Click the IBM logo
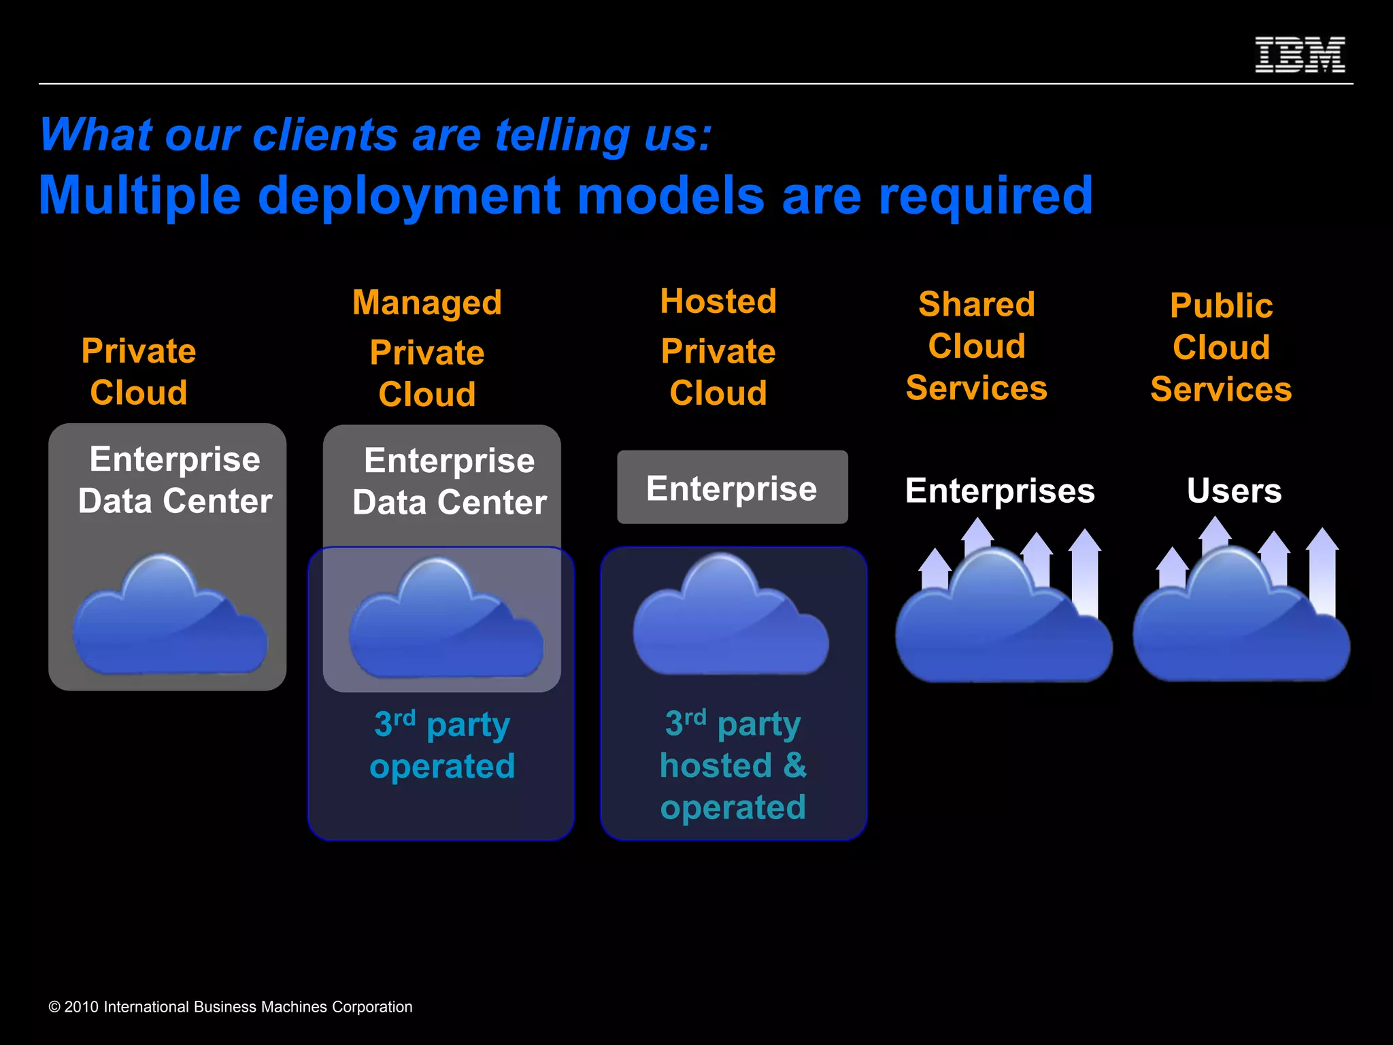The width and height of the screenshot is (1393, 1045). pos(1300,55)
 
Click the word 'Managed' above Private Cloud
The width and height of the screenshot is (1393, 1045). pos(427,303)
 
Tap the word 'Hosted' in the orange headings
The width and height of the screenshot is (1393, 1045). pos(718,301)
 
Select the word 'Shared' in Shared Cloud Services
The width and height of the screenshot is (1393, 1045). pos(977,304)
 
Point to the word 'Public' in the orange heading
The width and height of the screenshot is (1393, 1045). pos(1221,305)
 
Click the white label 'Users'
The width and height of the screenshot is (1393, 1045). pos(1234,491)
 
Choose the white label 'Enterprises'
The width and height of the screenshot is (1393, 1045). pos(1000,491)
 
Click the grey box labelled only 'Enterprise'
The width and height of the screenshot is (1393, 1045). pos(732,488)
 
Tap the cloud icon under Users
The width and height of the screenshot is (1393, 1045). pos(1241,623)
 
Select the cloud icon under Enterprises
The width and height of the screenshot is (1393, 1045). pos(1003,623)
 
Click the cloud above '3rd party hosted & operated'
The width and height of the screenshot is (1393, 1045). pos(731,619)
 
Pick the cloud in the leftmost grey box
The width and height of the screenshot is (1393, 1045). pos(170,619)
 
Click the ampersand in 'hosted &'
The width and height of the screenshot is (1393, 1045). pos(794,765)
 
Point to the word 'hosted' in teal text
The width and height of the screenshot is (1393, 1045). pos(716,765)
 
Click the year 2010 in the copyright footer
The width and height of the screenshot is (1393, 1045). pos(82,1007)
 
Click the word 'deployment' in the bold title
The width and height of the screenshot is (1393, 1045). pos(409,196)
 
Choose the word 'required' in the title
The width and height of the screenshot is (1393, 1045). pos(986,196)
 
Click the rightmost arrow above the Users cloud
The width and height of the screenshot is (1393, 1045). pos(1322,571)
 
